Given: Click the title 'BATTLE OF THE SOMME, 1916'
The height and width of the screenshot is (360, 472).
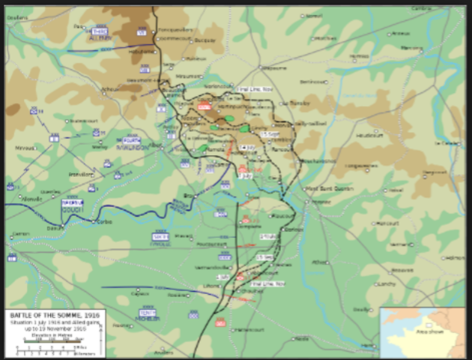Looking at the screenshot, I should point(52,316).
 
